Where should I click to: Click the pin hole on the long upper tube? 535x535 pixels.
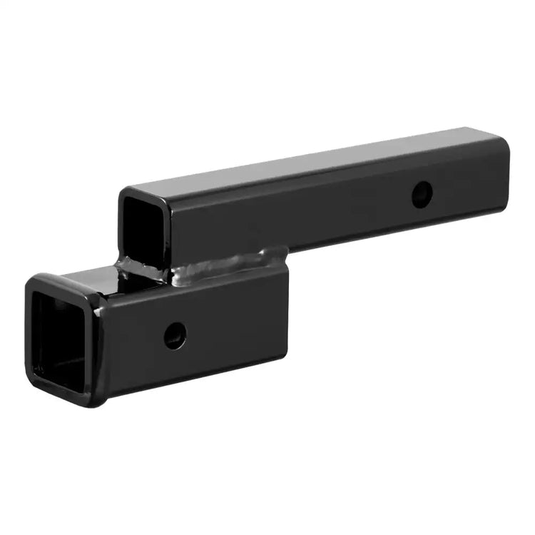pos(422,194)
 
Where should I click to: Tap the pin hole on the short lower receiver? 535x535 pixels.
pos(175,335)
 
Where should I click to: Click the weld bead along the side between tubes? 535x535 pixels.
pos(221,265)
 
